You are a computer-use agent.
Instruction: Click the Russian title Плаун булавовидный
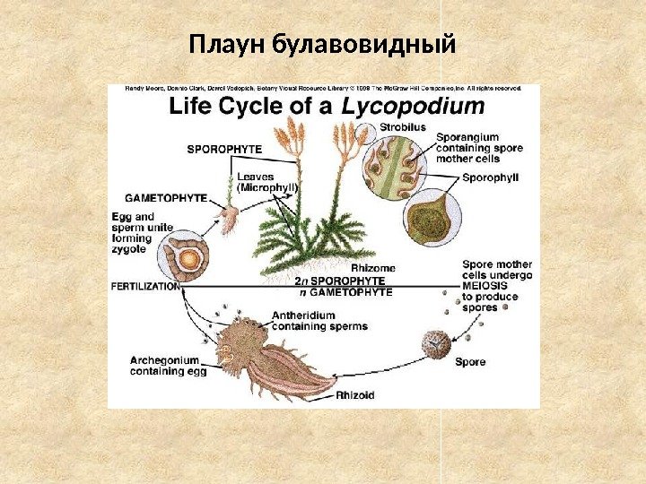pyautogui.click(x=323, y=44)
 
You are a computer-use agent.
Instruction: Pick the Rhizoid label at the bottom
pyautogui.click(x=356, y=394)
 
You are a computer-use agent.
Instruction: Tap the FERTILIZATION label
pyautogui.click(x=145, y=287)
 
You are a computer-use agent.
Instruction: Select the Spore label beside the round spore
pyautogui.click(x=470, y=362)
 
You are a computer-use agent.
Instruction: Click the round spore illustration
pyautogui.click(x=437, y=344)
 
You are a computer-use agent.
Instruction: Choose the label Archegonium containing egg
pyautogui.click(x=164, y=366)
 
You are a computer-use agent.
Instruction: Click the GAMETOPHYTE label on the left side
pyautogui.click(x=165, y=197)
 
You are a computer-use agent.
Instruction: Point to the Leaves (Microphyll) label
pyautogui.click(x=266, y=183)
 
